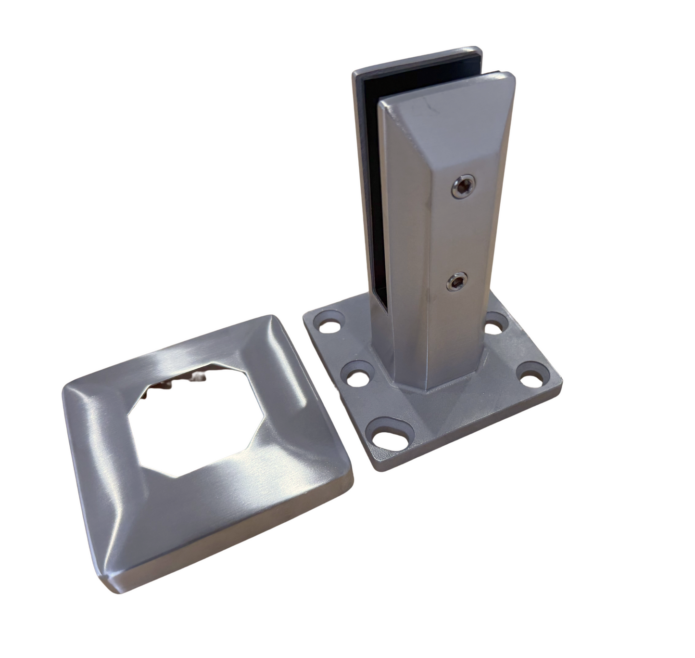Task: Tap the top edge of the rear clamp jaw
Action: tap(414, 58)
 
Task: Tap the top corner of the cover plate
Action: tap(272, 317)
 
